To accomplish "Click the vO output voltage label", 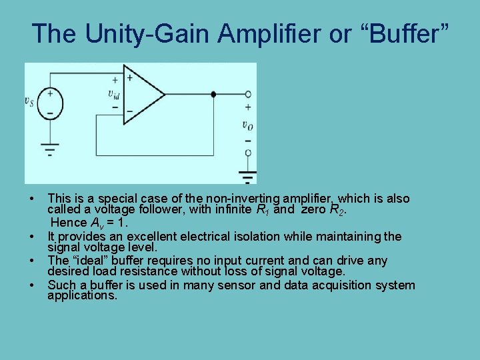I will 247,125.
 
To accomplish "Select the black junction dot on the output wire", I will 213,95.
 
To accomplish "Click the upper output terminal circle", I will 248,95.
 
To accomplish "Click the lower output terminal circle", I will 248,153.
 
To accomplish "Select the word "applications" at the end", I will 81,295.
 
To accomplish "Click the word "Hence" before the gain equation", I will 69,223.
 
